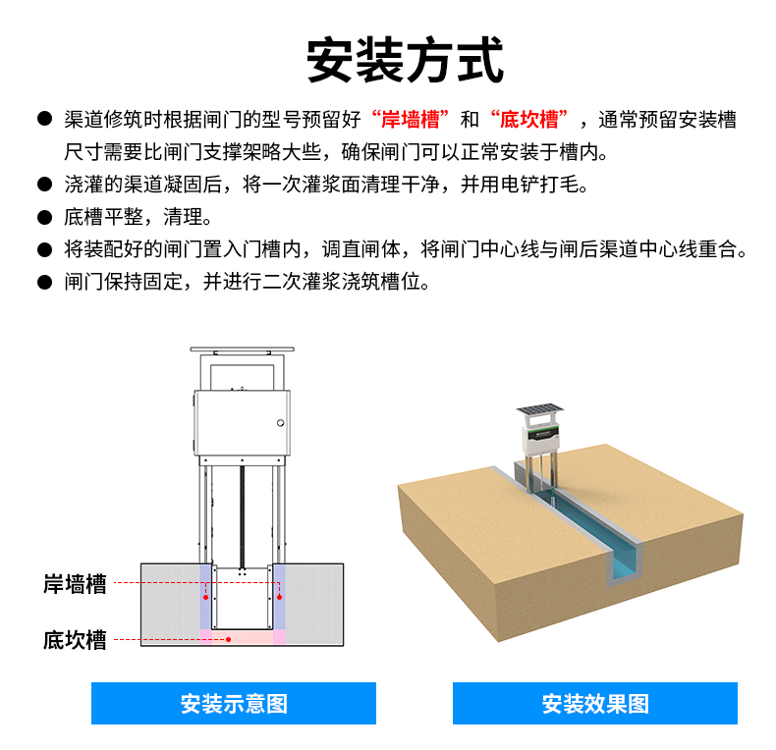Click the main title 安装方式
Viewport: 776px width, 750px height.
click(405, 60)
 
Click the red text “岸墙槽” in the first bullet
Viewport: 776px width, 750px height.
click(411, 119)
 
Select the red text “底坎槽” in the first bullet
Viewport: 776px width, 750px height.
click(529, 119)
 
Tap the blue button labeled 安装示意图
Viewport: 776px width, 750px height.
click(234, 703)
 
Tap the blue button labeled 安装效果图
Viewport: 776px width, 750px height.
click(595, 703)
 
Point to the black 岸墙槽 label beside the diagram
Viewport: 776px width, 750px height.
click(75, 584)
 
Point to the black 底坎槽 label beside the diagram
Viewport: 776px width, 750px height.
click(75, 640)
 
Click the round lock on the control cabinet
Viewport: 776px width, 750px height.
click(281, 423)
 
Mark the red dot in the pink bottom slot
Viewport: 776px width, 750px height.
click(229, 640)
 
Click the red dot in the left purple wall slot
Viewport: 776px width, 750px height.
click(206, 598)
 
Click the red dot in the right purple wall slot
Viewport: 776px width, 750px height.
click(280, 598)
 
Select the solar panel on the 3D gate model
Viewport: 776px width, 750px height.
click(540, 409)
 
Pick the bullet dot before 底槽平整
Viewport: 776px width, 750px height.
click(44, 217)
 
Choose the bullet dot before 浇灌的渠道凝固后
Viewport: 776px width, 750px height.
click(44, 185)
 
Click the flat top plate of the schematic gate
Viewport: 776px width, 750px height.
click(242, 349)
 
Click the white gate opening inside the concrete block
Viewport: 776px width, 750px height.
click(242, 597)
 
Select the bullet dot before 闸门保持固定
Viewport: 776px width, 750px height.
click(44, 282)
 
